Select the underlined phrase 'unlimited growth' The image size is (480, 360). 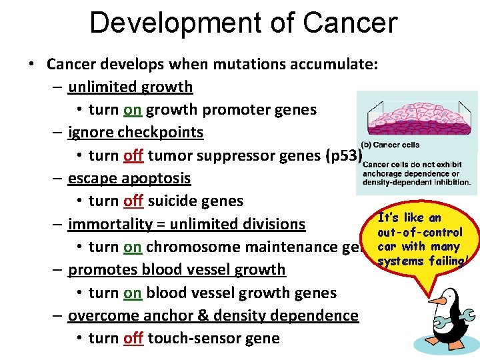point(130,87)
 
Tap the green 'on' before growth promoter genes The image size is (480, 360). point(133,109)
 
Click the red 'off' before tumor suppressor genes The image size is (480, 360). point(133,155)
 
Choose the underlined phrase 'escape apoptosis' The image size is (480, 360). point(129,178)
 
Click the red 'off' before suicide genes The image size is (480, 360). point(133,201)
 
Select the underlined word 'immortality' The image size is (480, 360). point(109,224)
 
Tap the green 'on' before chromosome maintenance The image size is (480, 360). point(133,247)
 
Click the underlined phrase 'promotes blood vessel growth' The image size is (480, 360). point(177,269)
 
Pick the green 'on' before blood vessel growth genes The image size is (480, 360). point(133,293)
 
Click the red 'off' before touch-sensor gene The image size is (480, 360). point(133,338)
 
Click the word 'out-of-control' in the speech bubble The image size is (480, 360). point(419,232)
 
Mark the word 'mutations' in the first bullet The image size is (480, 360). point(247,64)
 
